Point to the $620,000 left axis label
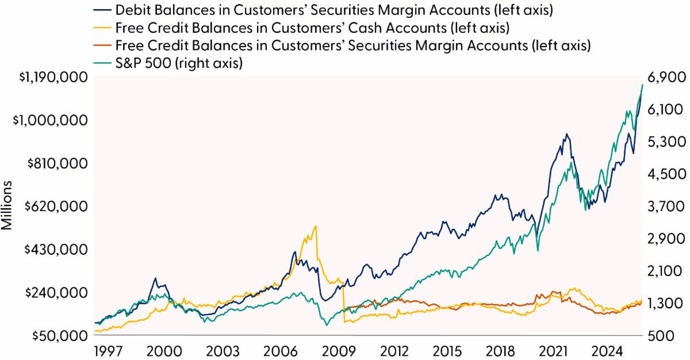[x=54, y=206]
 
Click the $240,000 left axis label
[x=54, y=292]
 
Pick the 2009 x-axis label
[x=336, y=351]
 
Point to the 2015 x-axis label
[x=450, y=351]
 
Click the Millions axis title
[x=8, y=206]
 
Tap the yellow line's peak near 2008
[x=316, y=226]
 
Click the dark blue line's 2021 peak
[x=566, y=134]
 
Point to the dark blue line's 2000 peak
[x=155, y=278]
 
